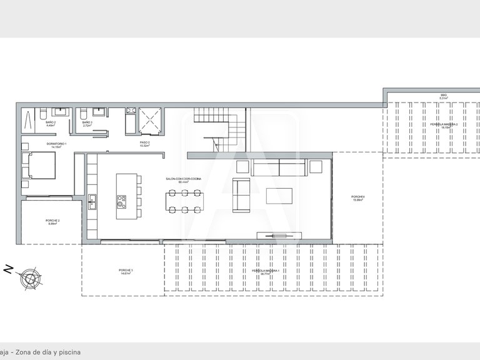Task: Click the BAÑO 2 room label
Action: [51, 124]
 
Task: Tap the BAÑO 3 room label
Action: [87, 124]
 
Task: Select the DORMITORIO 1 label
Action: [56, 145]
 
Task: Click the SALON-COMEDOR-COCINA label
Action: [184, 180]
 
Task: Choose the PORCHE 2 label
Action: [52, 222]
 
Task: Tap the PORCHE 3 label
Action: [126, 272]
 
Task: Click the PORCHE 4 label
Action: [357, 199]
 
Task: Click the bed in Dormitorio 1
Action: [39, 166]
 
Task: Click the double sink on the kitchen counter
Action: [92, 201]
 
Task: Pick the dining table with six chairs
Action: [184, 201]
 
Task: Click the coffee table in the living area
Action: [279, 196]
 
